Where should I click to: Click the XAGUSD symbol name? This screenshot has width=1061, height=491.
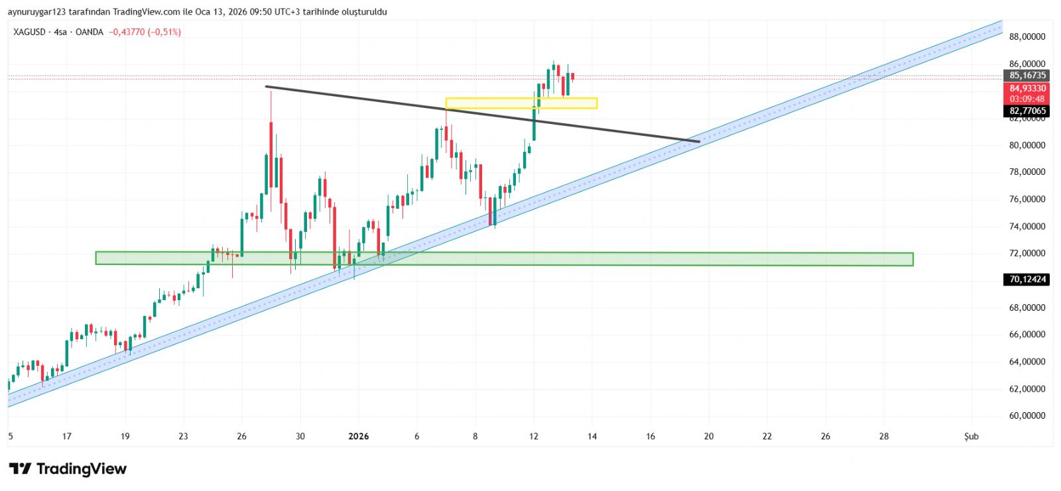point(30,32)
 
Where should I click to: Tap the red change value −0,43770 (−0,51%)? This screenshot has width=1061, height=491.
point(145,32)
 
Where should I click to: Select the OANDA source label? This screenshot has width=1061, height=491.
point(90,32)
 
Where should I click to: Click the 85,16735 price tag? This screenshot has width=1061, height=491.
point(1027,76)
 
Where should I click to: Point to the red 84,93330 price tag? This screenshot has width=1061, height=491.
point(1027,88)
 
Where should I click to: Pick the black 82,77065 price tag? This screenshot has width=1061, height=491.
point(1027,111)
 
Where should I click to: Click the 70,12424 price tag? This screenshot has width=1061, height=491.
point(1027,280)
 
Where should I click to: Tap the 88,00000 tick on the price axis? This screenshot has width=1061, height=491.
point(1027,37)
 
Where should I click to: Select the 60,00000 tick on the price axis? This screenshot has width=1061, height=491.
point(1027,416)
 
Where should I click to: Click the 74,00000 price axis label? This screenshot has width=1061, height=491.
point(1027,227)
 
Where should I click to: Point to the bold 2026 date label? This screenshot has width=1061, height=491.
point(358,436)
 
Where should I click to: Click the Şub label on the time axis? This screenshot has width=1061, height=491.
point(971,436)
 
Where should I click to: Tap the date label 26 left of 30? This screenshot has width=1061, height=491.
point(241,436)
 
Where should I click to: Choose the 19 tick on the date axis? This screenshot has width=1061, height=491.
point(125,436)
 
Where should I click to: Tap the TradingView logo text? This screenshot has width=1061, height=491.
point(81,469)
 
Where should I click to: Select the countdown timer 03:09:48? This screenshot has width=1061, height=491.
point(1027,99)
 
